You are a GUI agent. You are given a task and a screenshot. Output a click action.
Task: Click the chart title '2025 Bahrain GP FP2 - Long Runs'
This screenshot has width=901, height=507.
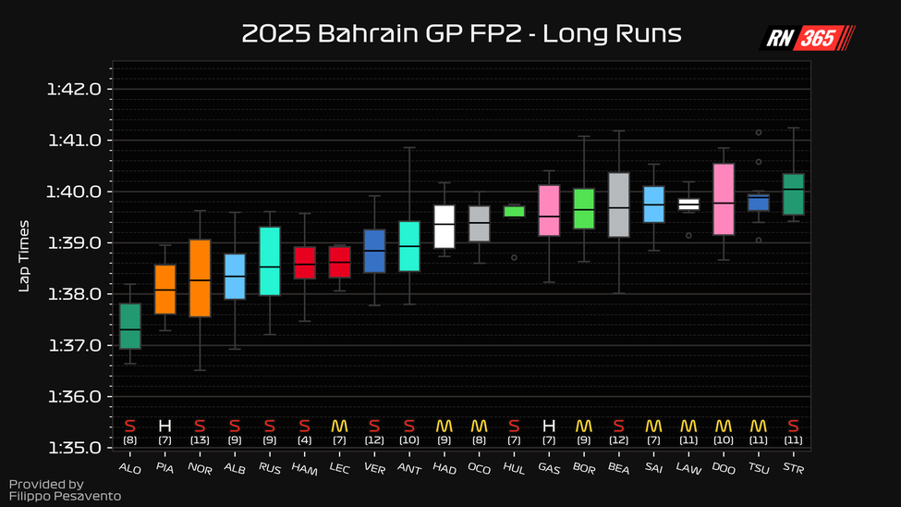tap(461, 34)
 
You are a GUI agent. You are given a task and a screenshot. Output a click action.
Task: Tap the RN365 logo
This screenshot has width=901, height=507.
tap(807, 38)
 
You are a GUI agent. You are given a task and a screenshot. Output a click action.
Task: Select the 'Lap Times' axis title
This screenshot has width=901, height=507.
tap(25, 255)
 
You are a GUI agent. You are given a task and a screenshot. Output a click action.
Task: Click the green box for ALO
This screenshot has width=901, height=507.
tap(130, 326)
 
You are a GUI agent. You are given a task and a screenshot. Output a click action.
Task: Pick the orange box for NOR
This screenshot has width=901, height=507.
tap(200, 278)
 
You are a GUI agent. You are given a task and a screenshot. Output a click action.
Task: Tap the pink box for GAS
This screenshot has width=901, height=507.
tap(549, 211)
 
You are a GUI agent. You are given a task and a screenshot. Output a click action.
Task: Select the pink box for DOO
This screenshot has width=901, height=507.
tap(724, 199)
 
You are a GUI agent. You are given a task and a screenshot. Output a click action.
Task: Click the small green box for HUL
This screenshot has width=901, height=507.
tap(514, 211)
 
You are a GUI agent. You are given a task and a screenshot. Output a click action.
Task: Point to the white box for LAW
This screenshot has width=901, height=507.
tap(688, 204)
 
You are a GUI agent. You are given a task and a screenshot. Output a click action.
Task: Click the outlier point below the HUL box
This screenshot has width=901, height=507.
tap(514, 257)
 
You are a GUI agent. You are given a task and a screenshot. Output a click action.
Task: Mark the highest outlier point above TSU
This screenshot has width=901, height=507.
tap(759, 132)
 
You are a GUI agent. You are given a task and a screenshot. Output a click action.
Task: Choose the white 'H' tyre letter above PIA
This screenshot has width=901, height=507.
tap(164, 426)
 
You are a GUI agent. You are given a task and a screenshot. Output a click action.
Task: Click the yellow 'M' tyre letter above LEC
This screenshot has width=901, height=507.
tap(339, 426)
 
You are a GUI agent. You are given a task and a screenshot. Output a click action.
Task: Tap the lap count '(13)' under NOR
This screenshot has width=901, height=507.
tap(200, 440)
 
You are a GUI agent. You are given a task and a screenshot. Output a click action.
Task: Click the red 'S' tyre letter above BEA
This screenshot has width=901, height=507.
tap(618, 426)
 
